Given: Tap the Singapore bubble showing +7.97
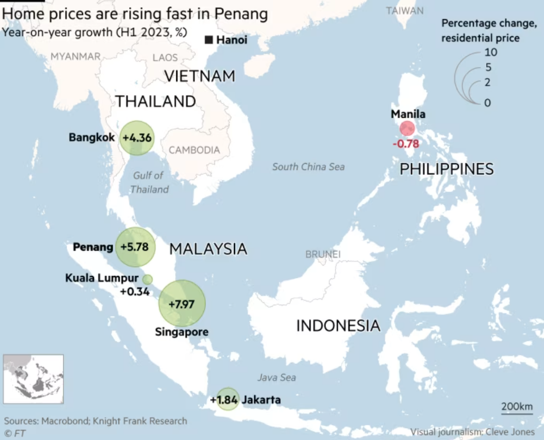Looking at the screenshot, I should point(182,304).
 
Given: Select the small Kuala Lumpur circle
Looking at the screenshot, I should point(147,279).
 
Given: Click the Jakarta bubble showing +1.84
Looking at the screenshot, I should point(228,399).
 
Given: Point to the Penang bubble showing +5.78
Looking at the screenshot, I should point(135,247).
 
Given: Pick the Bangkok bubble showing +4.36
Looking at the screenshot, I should point(137,138).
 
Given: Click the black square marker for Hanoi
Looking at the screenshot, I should point(209,40).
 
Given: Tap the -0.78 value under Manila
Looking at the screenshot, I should point(405,144).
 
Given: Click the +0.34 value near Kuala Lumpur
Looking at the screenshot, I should point(134,292).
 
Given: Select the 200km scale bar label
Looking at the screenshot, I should point(517,407).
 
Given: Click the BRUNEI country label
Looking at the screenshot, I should point(322,255).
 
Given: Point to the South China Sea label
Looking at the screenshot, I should point(308,166).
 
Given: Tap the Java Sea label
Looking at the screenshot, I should point(277,377).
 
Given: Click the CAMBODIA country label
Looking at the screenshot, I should point(194,150).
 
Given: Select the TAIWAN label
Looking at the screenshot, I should point(405,11).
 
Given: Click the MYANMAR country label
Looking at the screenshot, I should point(75,56).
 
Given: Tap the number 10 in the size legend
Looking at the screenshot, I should point(491,52).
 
